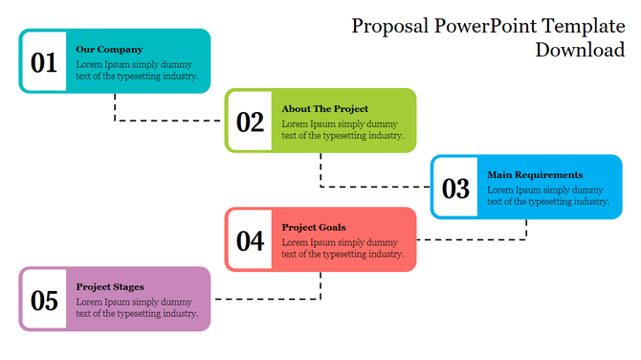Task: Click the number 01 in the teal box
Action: (x=44, y=63)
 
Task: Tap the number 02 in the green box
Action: (x=250, y=122)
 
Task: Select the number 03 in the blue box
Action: (x=455, y=189)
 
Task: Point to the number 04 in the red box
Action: (x=250, y=240)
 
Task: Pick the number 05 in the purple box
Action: (x=44, y=301)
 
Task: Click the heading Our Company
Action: (x=109, y=49)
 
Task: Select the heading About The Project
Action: (x=324, y=109)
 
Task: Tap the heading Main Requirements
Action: (x=535, y=175)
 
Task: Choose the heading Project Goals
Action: (x=314, y=227)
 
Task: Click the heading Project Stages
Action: (x=110, y=286)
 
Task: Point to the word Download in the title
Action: (x=580, y=50)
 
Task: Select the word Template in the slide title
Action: (x=583, y=26)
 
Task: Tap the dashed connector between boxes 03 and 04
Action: (x=478, y=239)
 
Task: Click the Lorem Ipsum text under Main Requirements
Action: (x=548, y=195)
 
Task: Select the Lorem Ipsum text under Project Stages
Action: (x=137, y=306)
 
